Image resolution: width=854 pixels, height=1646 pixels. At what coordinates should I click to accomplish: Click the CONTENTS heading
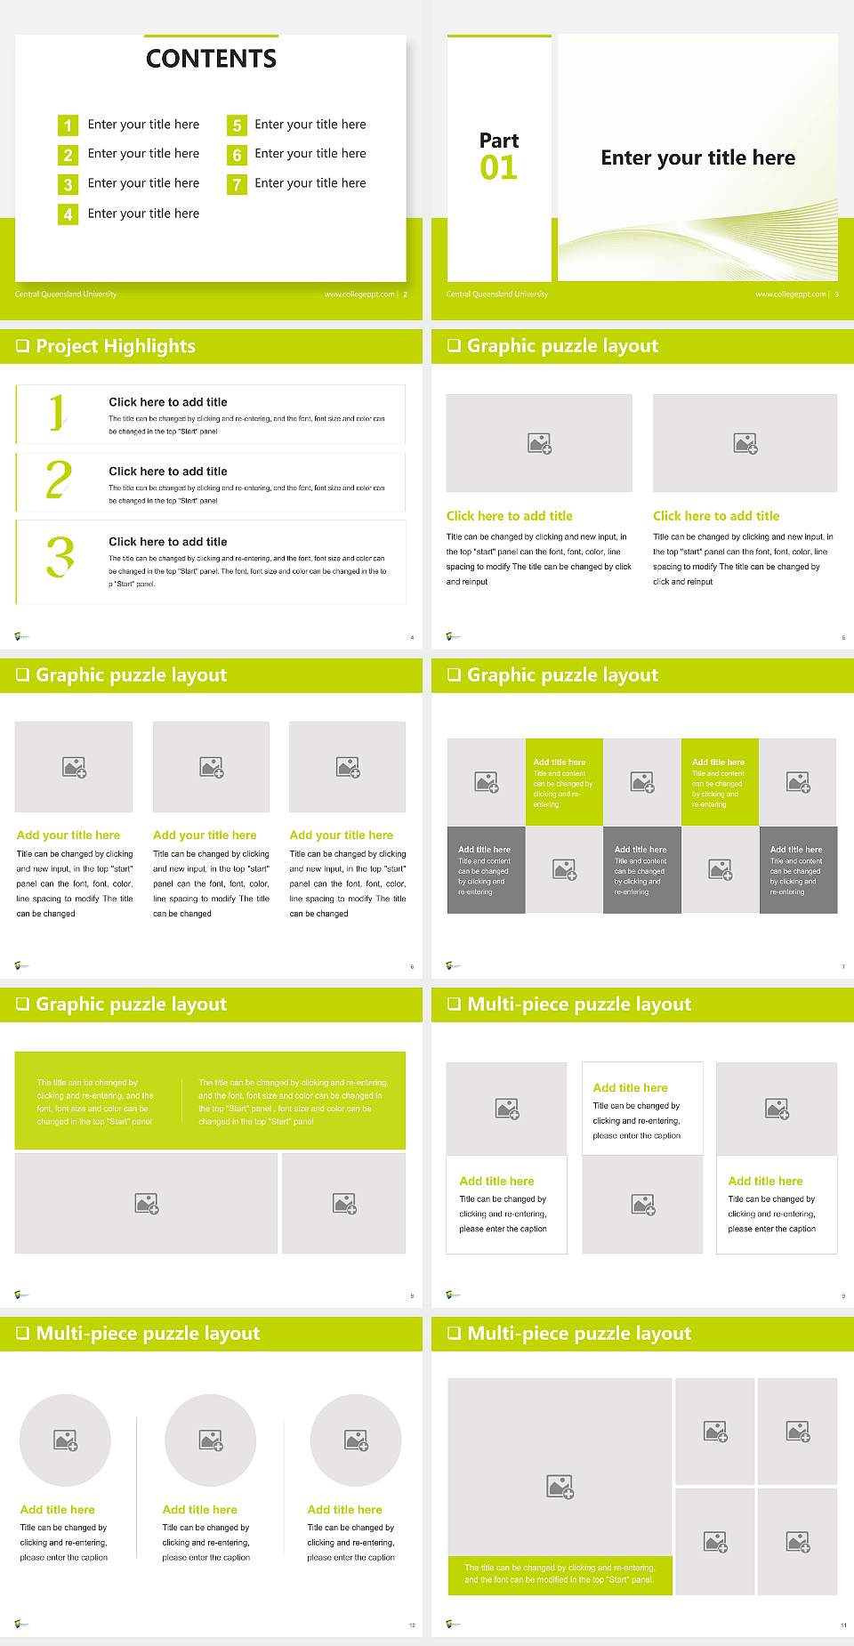211,59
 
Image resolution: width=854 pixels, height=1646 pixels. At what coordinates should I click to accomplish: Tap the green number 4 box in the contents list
68,214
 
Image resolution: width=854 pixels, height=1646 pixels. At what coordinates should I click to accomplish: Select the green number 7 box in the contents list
237,184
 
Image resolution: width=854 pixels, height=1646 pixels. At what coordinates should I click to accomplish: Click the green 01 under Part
498,167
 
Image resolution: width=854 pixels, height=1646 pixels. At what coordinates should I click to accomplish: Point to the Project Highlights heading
116,346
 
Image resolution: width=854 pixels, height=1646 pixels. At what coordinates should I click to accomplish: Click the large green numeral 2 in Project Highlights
59,480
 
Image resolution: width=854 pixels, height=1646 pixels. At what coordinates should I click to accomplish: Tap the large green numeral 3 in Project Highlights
60,558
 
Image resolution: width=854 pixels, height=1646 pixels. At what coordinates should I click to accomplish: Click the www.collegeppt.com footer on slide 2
359,295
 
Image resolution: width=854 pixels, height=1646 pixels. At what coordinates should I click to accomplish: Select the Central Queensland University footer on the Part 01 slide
497,295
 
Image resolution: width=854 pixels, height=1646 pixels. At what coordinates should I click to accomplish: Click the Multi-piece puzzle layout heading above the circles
148,1333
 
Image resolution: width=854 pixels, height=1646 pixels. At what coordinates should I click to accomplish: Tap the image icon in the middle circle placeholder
211,1440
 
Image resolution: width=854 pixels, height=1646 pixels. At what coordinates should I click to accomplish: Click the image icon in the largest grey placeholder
560,1486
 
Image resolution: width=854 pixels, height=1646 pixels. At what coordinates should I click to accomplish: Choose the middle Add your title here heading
205,835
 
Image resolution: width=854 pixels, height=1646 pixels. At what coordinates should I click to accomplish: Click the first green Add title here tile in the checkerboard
564,781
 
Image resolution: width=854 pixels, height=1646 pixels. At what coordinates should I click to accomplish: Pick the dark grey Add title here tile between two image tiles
641,869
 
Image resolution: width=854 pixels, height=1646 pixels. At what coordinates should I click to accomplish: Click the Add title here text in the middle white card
630,1088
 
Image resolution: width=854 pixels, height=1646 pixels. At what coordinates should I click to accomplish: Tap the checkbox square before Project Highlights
22,346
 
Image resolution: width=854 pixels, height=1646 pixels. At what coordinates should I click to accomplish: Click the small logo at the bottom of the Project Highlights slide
22,636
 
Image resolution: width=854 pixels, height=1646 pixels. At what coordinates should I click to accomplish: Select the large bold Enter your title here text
697,158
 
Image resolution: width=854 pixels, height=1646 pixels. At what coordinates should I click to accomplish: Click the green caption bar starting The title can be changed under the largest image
560,1574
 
